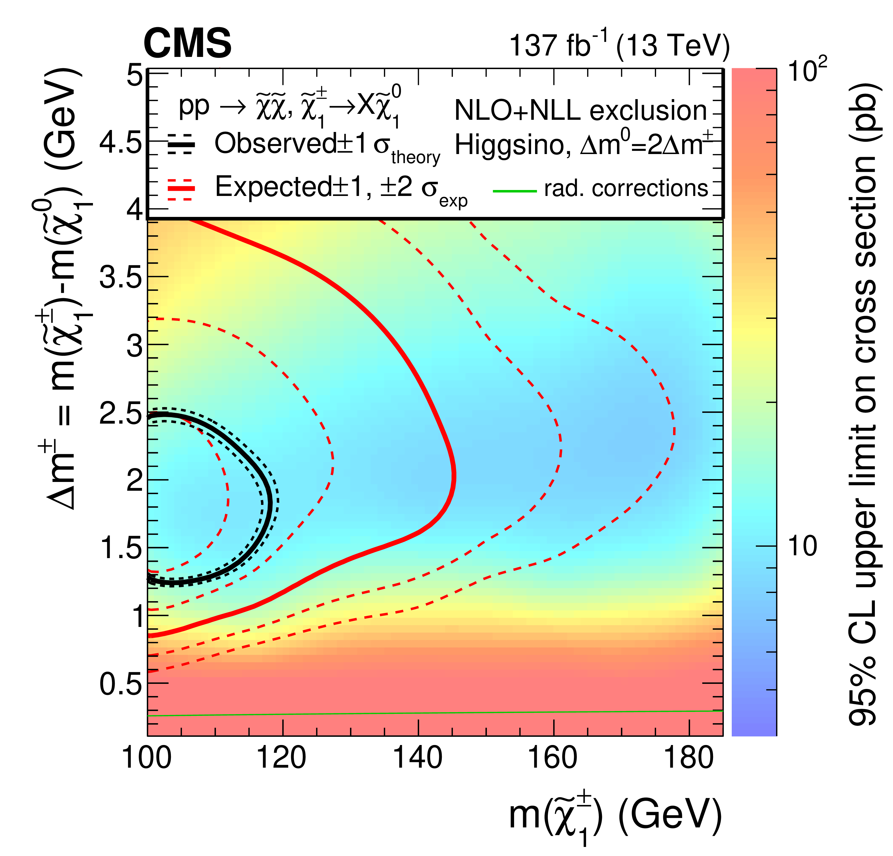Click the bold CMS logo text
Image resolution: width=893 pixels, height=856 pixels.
pyautogui.click(x=187, y=44)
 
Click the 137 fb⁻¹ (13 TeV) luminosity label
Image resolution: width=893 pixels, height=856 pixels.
pyautogui.click(x=619, y=46)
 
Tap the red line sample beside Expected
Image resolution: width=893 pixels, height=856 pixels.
pyautogui.click(x=181, y=187)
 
